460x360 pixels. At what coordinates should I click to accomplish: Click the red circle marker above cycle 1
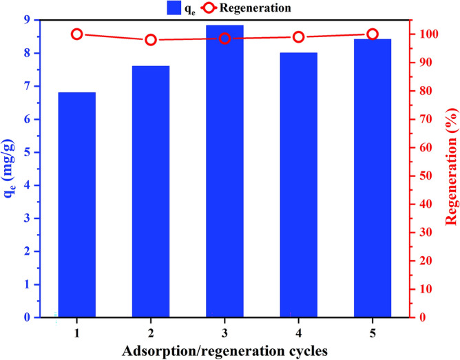click(x=76, y=34)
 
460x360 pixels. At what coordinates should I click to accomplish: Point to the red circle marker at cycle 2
click(x=151, y=40)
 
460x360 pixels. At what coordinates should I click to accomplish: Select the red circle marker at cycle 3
click(x=224, y=39)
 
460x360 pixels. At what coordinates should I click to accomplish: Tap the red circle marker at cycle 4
click(x=298, y=37)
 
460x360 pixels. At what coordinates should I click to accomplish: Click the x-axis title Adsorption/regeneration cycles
click(x=224, y=349)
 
